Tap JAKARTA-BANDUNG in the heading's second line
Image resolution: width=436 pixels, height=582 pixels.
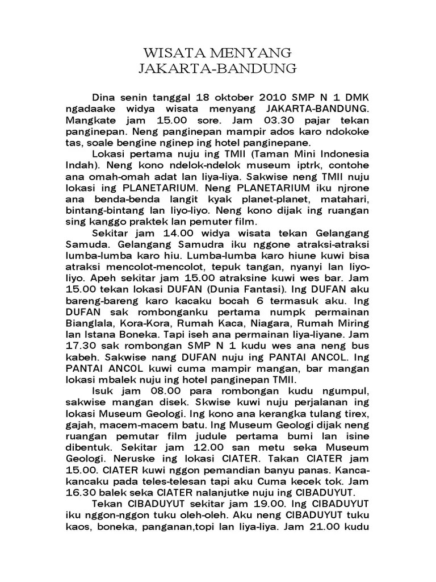click(217, 70)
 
